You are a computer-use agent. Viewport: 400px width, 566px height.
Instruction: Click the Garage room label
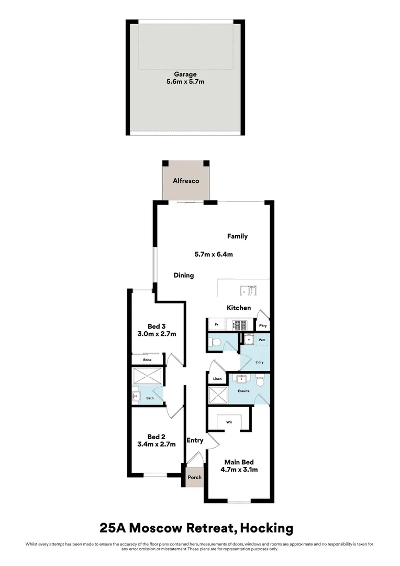click(185, 74)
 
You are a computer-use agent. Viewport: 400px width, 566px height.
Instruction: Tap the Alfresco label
click(186, 181)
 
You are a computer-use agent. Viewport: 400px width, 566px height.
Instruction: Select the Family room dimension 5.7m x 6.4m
click(214, 254)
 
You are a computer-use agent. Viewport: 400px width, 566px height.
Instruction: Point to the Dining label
click(184, 276)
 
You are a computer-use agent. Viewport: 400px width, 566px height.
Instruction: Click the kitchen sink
click(248, 290)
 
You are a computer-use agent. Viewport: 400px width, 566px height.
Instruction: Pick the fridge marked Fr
click(217, 324)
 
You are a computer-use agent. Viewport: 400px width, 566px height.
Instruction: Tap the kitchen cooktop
click(240, 325)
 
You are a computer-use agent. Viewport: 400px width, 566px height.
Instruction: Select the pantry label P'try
click(263, 326)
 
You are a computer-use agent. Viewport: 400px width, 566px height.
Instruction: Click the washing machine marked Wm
click(262, 340)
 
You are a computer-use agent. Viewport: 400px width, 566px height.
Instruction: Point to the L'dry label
click(259, 362)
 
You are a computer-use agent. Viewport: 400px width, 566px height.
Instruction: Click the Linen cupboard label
click(217, 379)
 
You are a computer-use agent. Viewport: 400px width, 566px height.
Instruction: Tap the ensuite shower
click(218, 395)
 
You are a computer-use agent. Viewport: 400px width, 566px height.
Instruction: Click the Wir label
click(229, 422)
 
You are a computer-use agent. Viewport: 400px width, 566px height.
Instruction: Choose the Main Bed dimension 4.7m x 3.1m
click(239, 470)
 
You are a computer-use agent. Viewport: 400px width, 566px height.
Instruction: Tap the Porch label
click(194, 477)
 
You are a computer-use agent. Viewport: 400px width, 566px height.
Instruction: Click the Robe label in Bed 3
click(147, 360)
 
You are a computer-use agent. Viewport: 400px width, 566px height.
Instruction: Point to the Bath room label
click(150, 398)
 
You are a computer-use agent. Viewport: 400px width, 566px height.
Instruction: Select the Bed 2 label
click(156, 437)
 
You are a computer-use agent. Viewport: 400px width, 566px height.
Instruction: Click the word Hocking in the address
click(266, 528)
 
